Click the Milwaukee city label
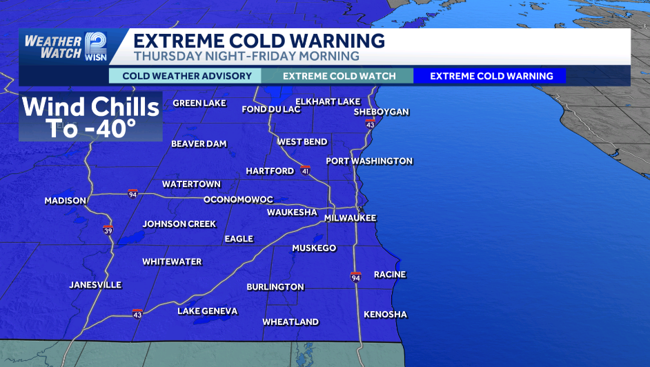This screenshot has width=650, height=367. coord(351,218)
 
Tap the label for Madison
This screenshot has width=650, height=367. coord(66,201)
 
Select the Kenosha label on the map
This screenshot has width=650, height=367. coord(385,315)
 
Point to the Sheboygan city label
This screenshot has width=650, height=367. coord(382,112)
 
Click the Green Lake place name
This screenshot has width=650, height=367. coord(199,103)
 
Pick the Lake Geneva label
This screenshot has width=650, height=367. coord(207,311)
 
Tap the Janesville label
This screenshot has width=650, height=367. coord(95,285)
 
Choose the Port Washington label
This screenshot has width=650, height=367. coord(369,161)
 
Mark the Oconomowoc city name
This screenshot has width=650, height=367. coord(238,200)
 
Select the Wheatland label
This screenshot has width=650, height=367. coord(290,322)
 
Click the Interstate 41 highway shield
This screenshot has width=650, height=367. coord(305,170)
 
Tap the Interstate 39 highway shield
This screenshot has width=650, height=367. coord(108,230)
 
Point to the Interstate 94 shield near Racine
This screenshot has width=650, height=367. coord(355,277)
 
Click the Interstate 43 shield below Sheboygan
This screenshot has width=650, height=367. coord(370,124)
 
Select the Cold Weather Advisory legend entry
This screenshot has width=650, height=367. coord(185,76)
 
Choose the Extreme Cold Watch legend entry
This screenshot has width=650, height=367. coord(339,76)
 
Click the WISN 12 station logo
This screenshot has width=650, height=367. coord(96,46)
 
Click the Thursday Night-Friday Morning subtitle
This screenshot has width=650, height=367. coord(246,56)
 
